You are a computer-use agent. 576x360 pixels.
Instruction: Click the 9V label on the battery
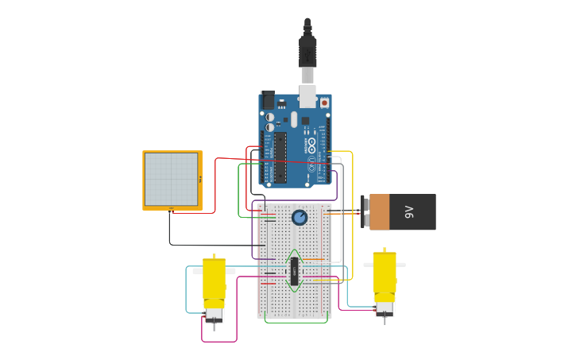tap(409, 212)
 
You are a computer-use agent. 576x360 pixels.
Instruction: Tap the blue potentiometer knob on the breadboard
tap(300, 218)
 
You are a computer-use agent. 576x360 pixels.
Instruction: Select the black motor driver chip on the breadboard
tap(294, 273)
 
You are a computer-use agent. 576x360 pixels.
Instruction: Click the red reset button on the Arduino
tap(324, 103)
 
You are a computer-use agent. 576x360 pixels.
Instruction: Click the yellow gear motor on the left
tap(215, 282)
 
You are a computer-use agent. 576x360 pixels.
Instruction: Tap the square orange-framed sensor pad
tap(172, 180)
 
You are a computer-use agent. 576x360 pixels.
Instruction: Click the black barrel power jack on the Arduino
tap(268, 100)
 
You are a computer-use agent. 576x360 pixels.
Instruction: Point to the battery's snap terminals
tap(365, 212)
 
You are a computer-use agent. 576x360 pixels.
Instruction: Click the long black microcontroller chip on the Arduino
tap(280, 157)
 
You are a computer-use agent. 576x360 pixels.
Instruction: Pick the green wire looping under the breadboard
tap(296, 321)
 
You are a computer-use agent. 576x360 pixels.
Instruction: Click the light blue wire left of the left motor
tap(187, 290)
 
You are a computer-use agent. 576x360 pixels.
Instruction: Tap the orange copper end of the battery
tap(380, 212)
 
